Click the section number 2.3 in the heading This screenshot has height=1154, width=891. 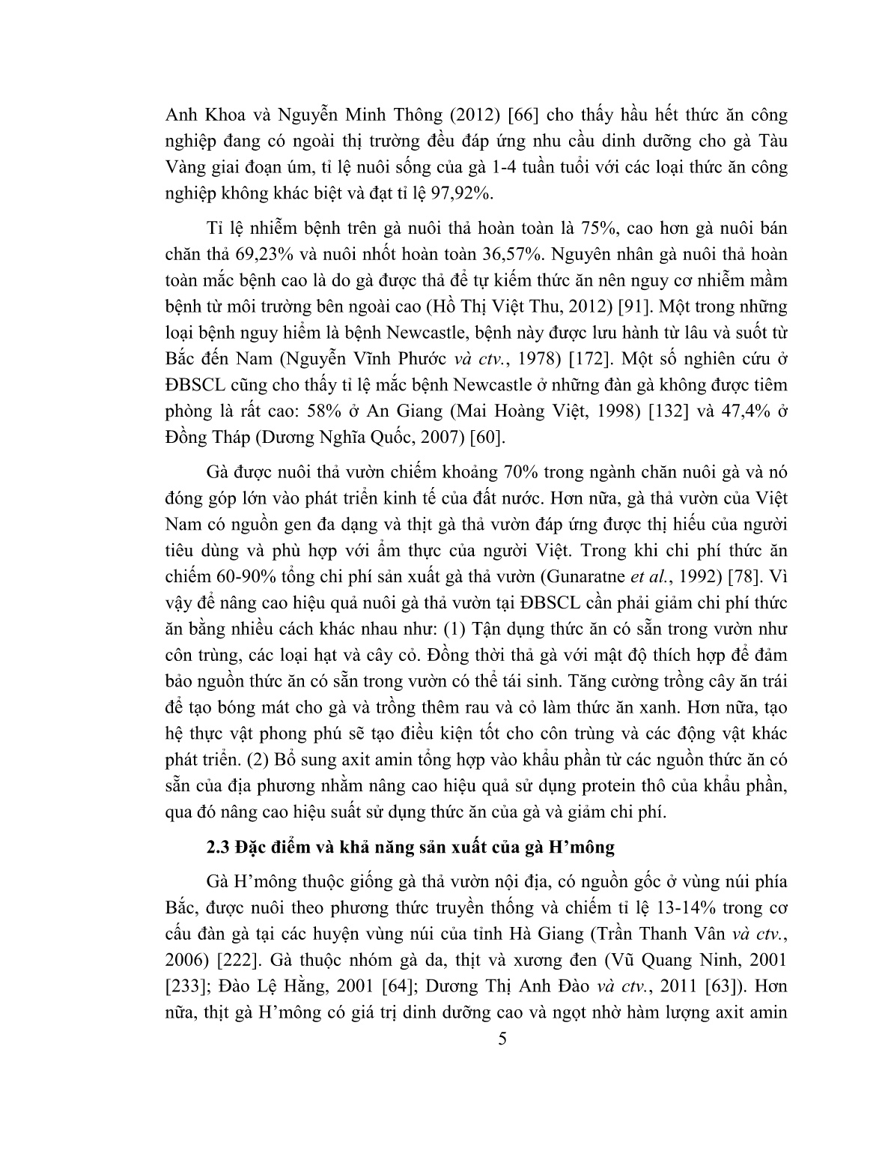(218, 848)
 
